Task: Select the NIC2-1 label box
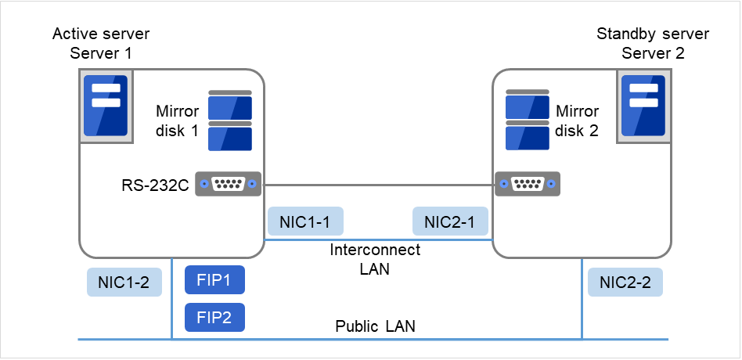450,222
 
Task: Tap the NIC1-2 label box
124,283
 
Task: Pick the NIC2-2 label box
625,283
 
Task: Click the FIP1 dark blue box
214,279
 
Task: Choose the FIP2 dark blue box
214,317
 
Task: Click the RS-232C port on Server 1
228,184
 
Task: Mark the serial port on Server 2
527,184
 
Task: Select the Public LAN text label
375,326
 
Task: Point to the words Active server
101,34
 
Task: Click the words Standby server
653,34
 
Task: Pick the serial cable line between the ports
377,185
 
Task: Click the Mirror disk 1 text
178,121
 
